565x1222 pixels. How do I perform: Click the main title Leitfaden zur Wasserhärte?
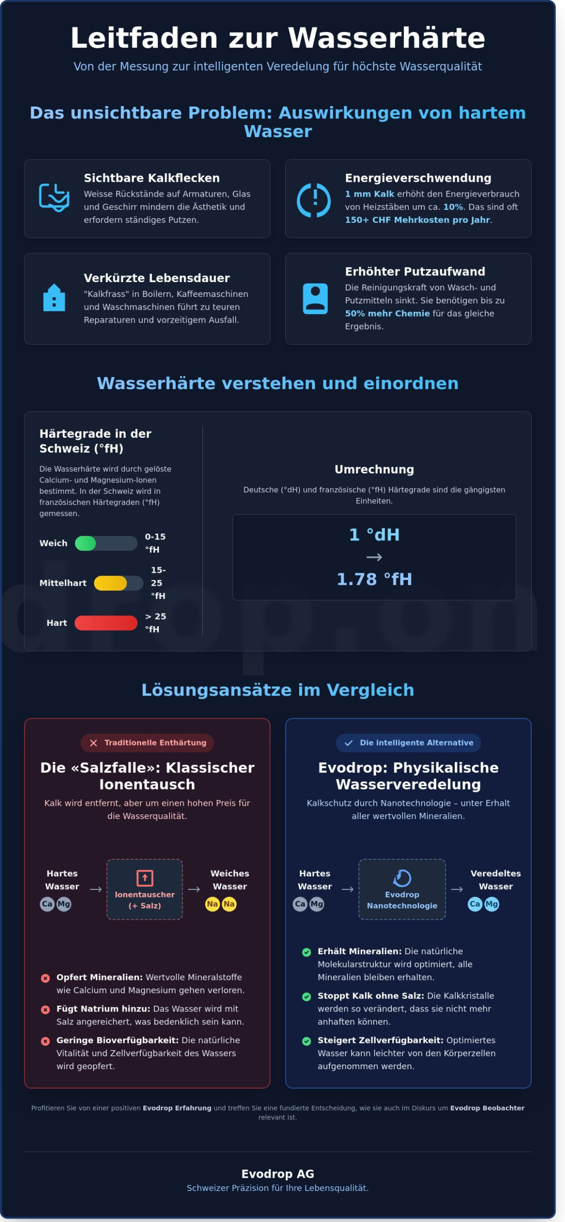278,38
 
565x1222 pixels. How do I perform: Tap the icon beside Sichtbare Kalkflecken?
54,198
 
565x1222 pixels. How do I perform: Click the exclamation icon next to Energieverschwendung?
314,200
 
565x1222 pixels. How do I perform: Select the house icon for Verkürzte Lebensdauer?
54,298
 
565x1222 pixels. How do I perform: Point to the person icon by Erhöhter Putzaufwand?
315,299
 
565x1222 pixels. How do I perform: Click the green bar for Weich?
86,543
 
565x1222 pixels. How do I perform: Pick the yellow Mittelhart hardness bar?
111,583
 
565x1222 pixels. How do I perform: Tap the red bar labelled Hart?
106,623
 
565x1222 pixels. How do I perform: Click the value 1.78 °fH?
374,579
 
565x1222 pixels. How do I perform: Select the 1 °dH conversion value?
374,535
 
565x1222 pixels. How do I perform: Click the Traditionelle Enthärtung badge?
147,743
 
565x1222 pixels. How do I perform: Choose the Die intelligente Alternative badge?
408,743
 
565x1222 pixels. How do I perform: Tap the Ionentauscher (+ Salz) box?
145,890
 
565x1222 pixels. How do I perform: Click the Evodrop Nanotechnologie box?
402,890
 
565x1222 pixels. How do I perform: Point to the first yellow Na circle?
212,904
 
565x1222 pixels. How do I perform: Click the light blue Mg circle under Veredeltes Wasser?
492,904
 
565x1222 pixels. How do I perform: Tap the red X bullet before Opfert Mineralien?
45,978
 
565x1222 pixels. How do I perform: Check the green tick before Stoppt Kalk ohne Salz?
307,997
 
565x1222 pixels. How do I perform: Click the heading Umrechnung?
374,469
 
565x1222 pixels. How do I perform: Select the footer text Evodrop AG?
278,1174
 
